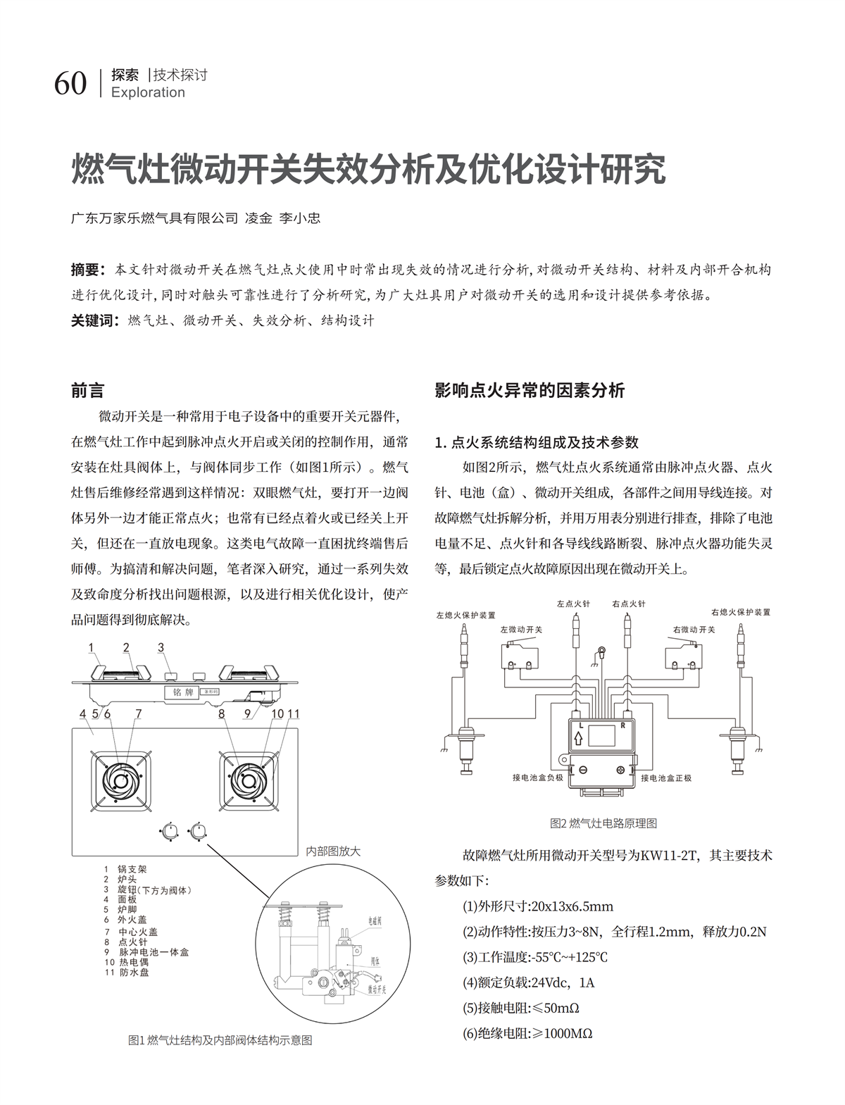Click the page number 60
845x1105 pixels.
70,84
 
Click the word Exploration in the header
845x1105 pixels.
148,92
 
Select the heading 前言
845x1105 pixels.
88,390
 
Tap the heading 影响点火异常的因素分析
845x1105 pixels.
530,390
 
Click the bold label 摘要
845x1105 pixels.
87,270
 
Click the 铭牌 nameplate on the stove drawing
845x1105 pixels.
183,692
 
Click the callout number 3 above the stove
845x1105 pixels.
161,648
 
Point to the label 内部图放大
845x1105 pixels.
332,851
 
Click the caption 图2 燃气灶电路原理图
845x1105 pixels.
603,823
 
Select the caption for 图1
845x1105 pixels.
220,1040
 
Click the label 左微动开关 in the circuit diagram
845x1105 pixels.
521,630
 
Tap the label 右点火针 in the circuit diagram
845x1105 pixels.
629,604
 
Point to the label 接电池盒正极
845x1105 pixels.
666,778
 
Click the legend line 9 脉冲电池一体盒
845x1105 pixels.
146,952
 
